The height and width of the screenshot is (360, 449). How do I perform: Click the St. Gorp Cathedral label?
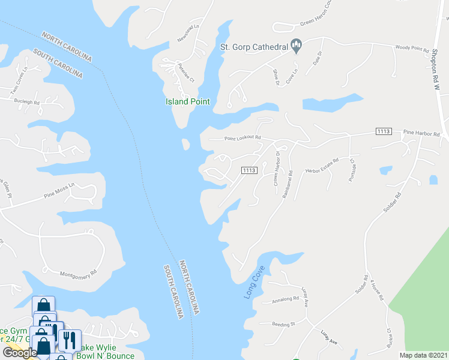254,46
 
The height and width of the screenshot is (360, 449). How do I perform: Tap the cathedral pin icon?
295,44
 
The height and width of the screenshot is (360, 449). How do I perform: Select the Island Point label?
187,101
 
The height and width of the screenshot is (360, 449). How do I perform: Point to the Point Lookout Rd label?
243,138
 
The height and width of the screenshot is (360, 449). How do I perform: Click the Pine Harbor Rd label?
421,133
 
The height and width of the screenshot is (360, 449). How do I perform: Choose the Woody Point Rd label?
412,49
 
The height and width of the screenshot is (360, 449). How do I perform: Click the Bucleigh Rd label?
27,102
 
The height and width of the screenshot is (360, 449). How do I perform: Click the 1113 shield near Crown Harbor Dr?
250,170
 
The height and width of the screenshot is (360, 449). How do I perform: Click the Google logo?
20,352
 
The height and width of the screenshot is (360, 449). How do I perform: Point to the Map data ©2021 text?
424,355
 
